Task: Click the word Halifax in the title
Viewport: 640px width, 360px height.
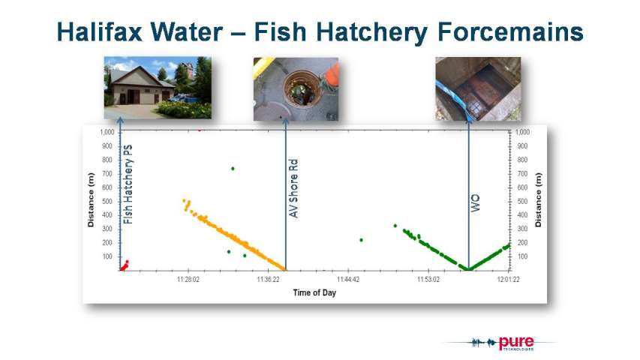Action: click(99, 31)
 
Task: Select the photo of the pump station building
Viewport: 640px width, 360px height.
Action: click(158, 88)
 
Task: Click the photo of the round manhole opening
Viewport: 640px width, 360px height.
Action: click(296, 89)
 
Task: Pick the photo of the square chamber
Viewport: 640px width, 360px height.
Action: click(478, 89)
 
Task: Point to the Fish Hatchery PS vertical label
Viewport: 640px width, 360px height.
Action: click(128, 184)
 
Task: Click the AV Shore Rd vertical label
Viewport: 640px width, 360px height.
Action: click(293, 188)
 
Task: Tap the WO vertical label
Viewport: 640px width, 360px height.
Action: click(476, 202)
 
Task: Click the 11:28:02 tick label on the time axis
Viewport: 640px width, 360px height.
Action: click(188, 280)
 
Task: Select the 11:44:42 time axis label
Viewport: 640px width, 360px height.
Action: click(348, 280)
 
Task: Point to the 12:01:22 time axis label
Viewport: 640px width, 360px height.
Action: click(508, 280)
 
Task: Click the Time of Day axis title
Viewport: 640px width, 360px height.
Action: click(314, 292)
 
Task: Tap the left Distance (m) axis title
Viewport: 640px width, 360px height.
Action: click(91, 200)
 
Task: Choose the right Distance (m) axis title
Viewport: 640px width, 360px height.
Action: click(539, 200)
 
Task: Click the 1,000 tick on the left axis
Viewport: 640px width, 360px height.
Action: click(107, 132)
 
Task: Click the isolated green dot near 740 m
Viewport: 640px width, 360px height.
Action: click(233, 169)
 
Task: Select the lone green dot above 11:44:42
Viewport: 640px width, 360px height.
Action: click(361, 240)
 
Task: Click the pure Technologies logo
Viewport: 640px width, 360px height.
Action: click(503, 343)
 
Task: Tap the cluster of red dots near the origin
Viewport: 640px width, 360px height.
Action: click(124, 266)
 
